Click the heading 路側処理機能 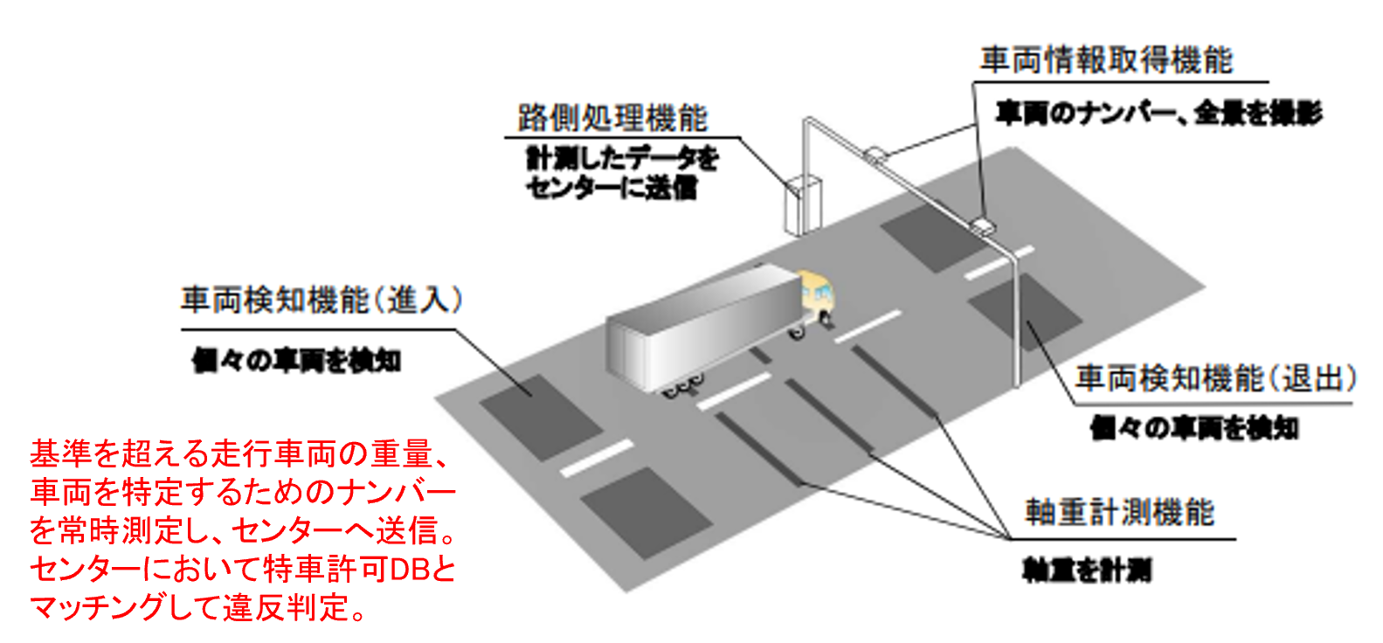tap(612, 118)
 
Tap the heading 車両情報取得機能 tap(1106, 60)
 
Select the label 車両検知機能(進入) tap(321, 301)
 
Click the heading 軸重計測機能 tap(1119, 512)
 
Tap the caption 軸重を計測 tap(1087, 570)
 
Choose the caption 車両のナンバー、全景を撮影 tap(1158, 113)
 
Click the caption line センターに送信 tap(611, 187)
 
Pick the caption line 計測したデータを tap(622, 158)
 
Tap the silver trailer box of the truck tap(703, 328)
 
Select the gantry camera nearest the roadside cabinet tap(877, 155)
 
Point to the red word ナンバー tap(384, 493)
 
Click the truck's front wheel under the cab tap(798, 332)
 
